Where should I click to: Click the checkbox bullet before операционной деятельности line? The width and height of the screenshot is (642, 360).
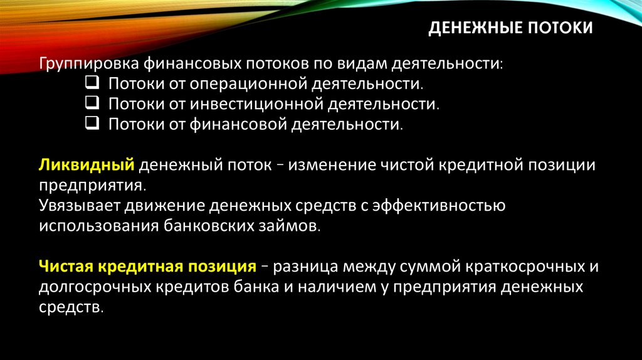tap(91, 83)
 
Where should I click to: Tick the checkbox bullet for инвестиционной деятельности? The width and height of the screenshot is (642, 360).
tap(91, 103)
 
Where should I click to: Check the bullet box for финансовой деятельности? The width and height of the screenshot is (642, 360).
tap(91, 124)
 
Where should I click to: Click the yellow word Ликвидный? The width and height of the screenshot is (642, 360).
tap(87, 166)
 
